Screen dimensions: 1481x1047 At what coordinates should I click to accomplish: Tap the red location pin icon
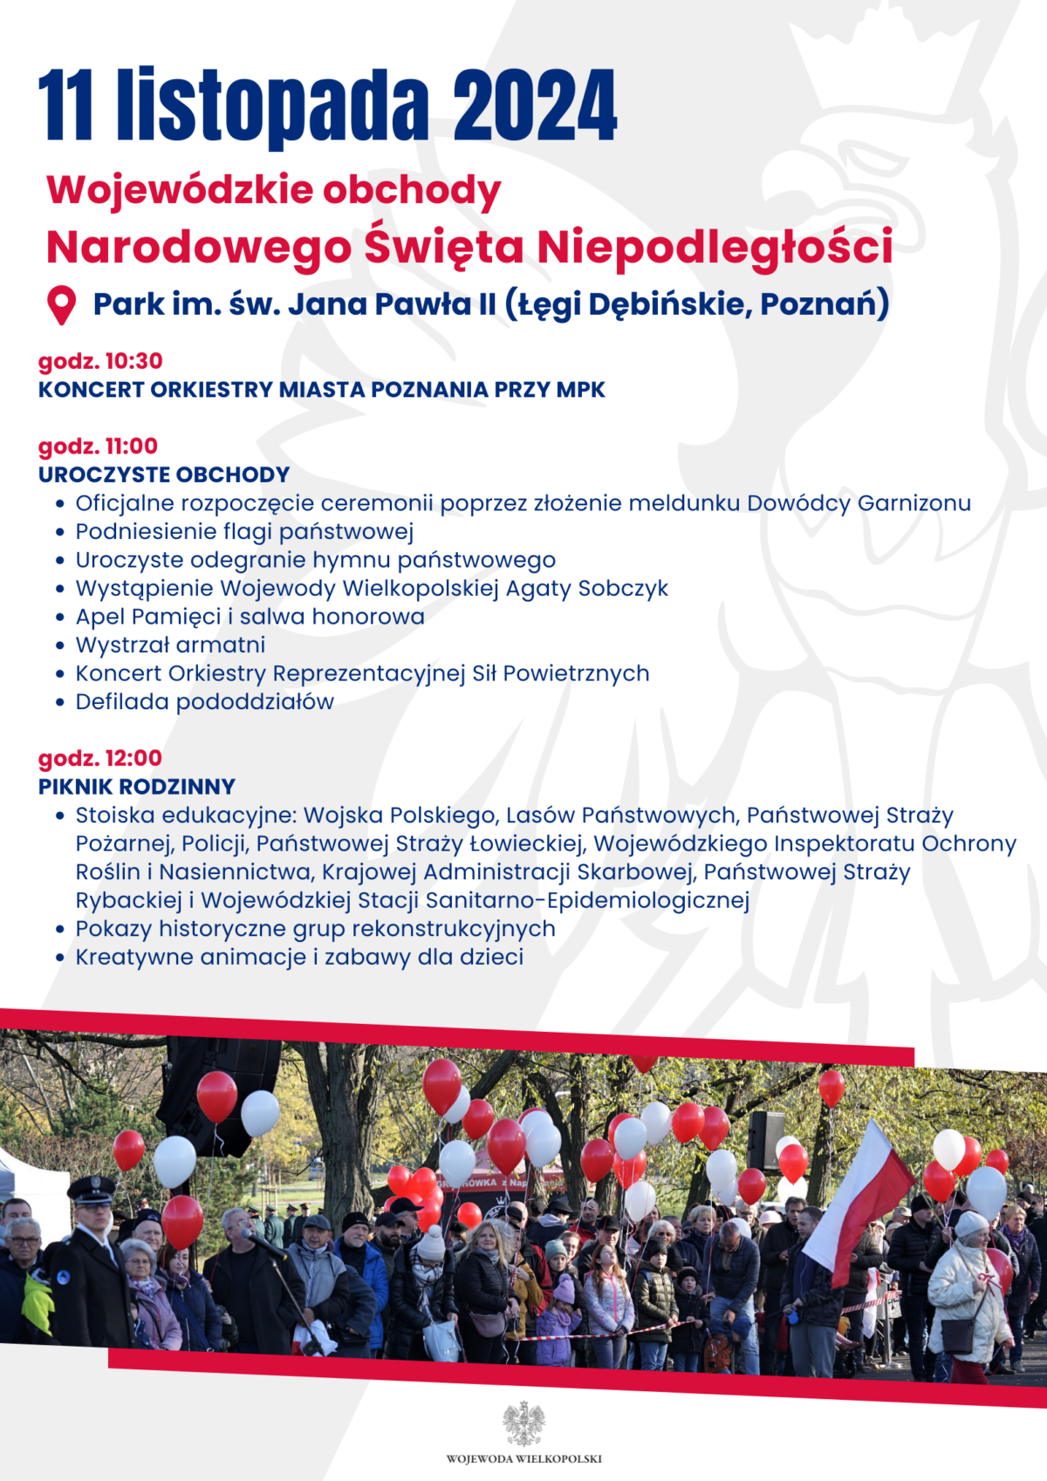(61, 305)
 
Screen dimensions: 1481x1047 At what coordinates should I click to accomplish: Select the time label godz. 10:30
(100, 361)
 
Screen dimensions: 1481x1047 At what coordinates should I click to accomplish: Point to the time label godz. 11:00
(98, 447)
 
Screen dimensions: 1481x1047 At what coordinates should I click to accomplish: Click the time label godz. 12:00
(100, 758)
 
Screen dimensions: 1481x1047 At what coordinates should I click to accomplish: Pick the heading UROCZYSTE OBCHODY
(164, 474)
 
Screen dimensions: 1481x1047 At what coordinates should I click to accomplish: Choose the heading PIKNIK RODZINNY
(137, 787)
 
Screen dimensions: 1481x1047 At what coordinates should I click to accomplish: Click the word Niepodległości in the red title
(715, 247)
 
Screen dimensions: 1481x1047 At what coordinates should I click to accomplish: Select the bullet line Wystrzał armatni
(170, 645)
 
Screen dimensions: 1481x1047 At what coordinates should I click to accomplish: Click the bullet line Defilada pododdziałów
(204, 702)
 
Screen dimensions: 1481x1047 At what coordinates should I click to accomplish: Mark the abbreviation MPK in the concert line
(581, 390)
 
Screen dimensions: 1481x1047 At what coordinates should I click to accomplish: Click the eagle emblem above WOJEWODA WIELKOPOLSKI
(523, 1423)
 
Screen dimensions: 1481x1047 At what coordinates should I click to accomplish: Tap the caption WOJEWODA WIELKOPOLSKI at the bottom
(523, 1458)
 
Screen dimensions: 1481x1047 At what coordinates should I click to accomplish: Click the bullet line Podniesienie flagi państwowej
(244, 532)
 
